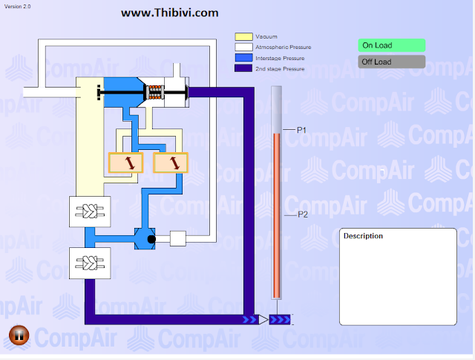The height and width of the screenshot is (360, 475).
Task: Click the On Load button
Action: pos(392,45)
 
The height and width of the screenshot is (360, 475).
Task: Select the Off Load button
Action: pos(392,62)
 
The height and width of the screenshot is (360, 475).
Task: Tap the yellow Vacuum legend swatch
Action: pos(244,36)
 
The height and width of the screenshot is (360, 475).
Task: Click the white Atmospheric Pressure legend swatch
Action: pos(244,47)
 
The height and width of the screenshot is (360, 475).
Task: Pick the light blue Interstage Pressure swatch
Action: pos(244,57)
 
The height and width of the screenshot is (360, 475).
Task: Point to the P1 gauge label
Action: pos(302,130)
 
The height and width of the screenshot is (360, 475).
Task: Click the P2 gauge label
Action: pos(303,215)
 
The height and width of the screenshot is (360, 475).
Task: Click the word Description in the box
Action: pos(363,236)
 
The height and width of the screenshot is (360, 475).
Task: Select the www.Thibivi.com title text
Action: pos(170,13)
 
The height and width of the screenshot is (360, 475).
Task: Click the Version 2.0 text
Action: pos(18,6)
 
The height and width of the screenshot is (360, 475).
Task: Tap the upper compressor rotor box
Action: pos(90,212)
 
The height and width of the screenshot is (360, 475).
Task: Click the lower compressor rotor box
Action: pos(90,263)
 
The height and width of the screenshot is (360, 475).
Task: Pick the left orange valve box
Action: pos(125,163)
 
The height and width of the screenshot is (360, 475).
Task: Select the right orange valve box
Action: pos(170,163)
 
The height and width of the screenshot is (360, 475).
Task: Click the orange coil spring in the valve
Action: pos(156,93)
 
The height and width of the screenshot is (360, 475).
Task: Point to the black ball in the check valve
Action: pos(151,239)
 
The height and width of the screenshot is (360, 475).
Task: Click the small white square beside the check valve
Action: pos(177,238)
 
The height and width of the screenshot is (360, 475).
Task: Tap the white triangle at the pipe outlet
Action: pos(263,320)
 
